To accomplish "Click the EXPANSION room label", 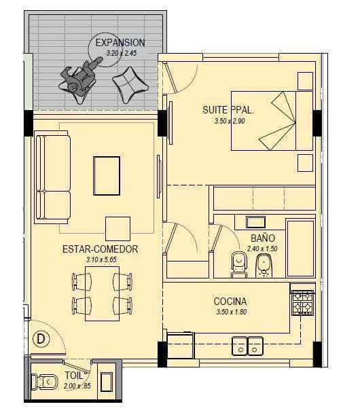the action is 120,43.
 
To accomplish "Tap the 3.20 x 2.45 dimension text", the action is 122,53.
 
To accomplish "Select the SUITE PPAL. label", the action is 228,110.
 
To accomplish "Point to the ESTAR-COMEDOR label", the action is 101,249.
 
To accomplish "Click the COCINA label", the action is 230,302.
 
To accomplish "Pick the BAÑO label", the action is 263,238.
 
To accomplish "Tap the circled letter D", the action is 41,339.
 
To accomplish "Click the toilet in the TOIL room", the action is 44,382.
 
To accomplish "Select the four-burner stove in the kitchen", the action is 303,303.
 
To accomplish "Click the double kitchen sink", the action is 247,346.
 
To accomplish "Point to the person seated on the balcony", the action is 79,78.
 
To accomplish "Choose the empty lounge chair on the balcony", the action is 130,85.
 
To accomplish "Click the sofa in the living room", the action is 53,177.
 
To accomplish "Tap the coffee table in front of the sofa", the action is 107,176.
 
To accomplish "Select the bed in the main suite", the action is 272,121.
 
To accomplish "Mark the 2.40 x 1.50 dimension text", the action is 262,249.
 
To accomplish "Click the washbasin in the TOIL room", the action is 107,382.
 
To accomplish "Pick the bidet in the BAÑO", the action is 264,266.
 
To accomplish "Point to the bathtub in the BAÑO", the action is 301,248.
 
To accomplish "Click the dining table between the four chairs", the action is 102,293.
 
